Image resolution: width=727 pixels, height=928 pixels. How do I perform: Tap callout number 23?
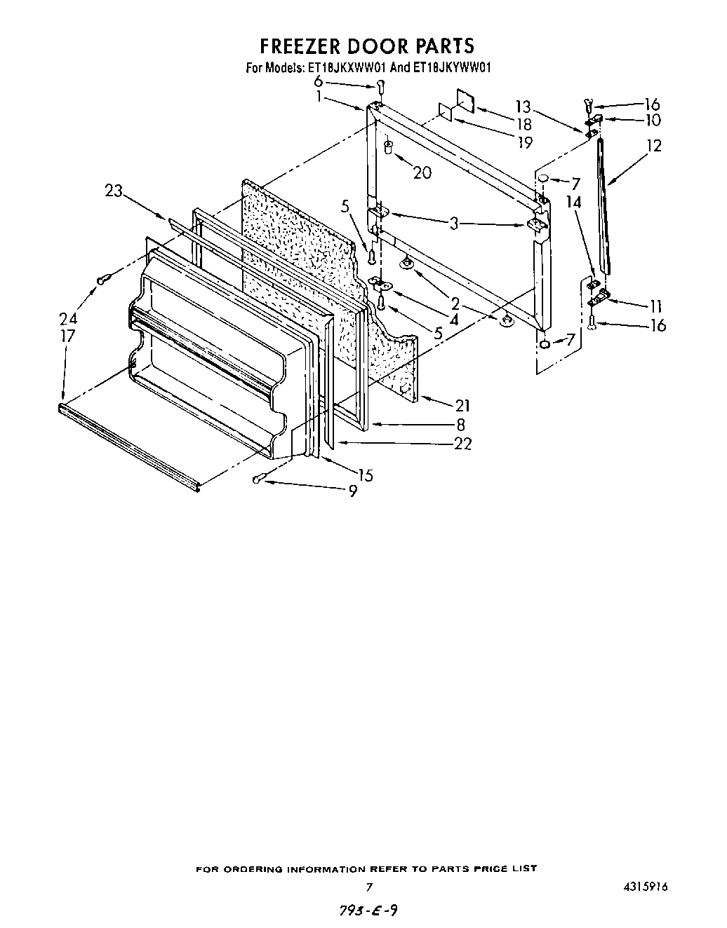click(114, 190)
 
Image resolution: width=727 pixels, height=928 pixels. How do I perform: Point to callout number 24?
click(68, 318)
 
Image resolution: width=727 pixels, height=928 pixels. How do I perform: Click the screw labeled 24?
click(103, 280)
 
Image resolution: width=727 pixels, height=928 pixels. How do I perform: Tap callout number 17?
click(67, 336)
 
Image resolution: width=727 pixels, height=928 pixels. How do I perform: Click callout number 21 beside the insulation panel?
click(462, 405)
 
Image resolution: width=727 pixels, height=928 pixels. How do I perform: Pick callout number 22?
click(462, 443)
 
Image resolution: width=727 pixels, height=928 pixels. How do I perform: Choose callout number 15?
click(365, 475)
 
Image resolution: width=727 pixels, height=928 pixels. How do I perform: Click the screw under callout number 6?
click(380, 87)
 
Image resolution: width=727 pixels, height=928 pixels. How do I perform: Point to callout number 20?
click(422, 172)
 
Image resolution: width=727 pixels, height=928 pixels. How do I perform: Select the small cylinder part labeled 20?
click(388, 148)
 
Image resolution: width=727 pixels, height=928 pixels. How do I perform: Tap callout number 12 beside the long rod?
click(654, 146)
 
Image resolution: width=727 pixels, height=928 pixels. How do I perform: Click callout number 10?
click(652, 120)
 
